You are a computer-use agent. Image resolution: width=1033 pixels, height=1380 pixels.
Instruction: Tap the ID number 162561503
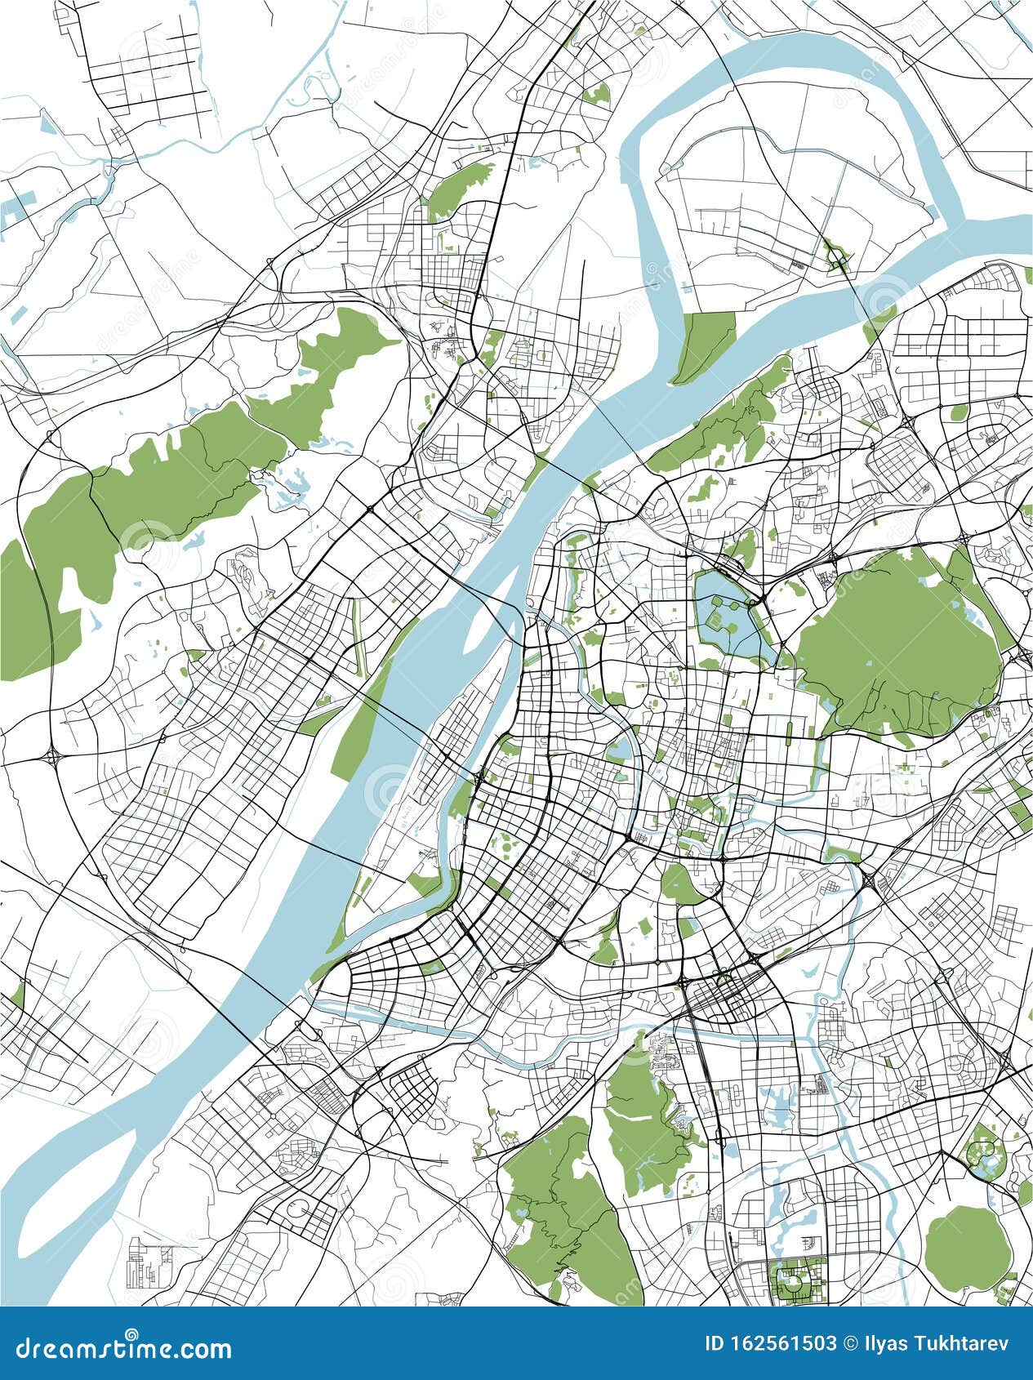[x=783, y=1343]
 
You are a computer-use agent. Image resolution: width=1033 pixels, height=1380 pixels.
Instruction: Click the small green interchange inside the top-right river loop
[x=835, y=256]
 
